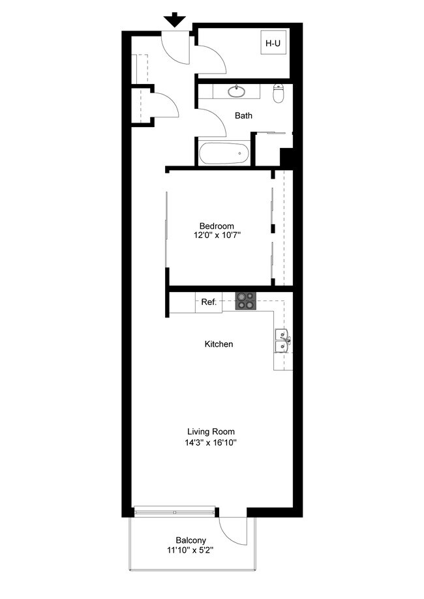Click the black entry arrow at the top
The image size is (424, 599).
pos(175,20)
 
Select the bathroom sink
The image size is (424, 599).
pos(236,91)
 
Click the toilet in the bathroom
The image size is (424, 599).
pos(279,94)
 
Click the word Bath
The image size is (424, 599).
pos(244,116)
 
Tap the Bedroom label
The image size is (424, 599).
pos(217,226)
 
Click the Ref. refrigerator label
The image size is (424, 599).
pos(208,302)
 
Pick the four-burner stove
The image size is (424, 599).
pos(247,301)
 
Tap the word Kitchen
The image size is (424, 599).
pos(219,344)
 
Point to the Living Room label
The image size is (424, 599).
pos(211,431)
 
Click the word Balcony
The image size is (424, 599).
pos(190,540)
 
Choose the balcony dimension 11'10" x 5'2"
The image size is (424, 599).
pos(190,550)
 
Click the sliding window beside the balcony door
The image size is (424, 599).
pos(175,512)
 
